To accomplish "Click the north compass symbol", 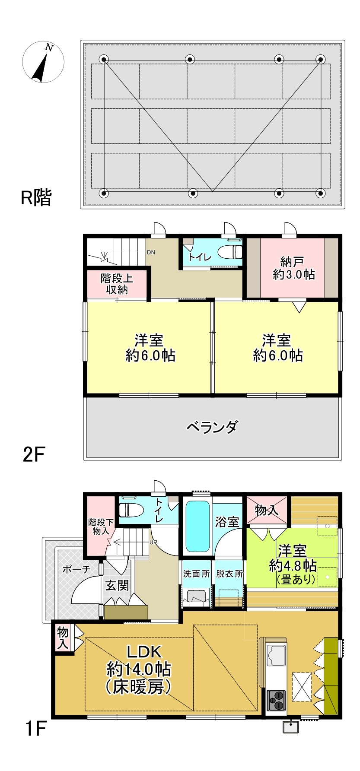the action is point(43,62).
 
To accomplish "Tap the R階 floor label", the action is point(36,198).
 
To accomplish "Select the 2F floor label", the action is point(34,454).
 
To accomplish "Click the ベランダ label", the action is point(212,427).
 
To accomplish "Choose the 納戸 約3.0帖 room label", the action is point(293,268).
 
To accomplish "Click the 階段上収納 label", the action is point(117,283).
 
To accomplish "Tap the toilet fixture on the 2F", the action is point(230,251).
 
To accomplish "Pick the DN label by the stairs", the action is point(151,252).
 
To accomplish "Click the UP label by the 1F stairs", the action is point(153,542).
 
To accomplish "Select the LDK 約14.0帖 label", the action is point(139,669).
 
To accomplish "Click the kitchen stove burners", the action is point(276,700).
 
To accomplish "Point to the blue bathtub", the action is point(198,526).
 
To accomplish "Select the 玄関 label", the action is point(117,586).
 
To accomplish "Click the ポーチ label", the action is point(76,569).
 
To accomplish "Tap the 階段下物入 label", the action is point(101,527).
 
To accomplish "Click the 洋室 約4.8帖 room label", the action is point(293,564).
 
